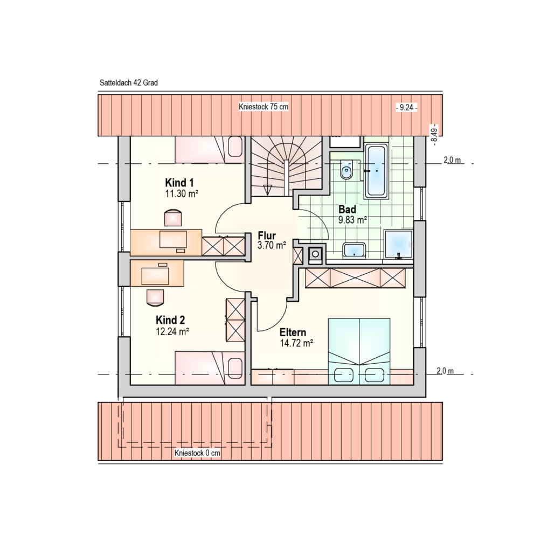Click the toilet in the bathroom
(x=346, y=170)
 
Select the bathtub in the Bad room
(x=376, y=170)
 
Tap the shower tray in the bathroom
(x=399, y=244)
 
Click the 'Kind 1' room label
(x=179, y=183)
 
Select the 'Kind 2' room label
(x=170, y=320)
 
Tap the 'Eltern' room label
(x=293, y=332)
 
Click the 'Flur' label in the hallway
(x=267, y=235)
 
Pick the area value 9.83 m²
(x=352, y=220)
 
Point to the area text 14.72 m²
(x=296, y=343)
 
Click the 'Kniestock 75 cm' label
(x=263, y=107)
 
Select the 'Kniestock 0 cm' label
(x=197, y=453)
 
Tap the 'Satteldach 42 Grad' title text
(x=129, y=83)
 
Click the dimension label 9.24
(x=406, y=107)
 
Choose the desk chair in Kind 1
(x=173, y=218)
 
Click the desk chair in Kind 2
(x=155, y=297)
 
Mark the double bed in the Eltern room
(x=359, y=351)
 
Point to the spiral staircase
(x=286, y=166)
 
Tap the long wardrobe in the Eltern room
(x=355, y=278)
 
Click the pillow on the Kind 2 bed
(x=235, y=369)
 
